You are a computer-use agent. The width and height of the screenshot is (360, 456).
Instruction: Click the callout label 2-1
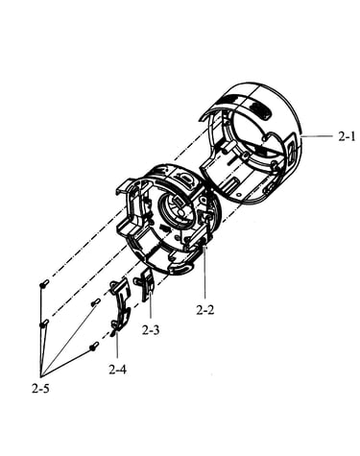(347, 136)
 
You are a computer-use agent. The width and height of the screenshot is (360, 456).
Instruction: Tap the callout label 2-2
(205, 309)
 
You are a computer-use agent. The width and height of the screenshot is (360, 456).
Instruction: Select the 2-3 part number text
(151, 330)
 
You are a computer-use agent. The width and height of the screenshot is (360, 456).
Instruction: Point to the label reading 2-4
(117, 370)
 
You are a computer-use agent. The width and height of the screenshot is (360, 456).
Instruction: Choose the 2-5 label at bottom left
(40, 389)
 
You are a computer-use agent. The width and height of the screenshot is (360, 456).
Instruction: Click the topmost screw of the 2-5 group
(44, 283)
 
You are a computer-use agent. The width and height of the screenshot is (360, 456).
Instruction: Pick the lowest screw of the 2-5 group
(94, 346)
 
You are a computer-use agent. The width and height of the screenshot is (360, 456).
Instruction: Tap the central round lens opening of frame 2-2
(175, 211)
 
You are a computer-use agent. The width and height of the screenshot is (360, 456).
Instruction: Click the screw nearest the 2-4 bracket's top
(96, 302)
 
